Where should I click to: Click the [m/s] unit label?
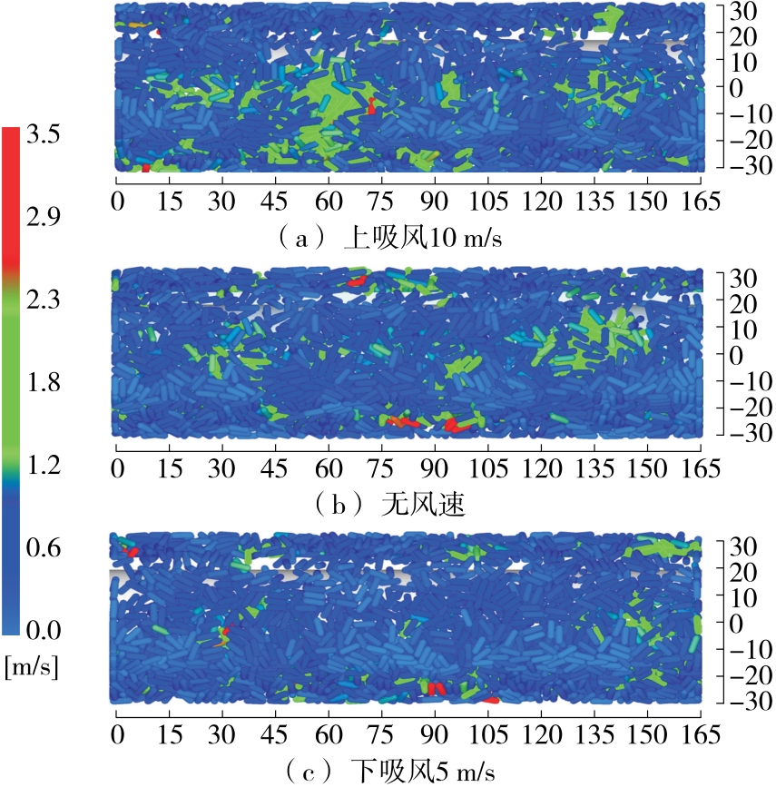(x=32, y=669)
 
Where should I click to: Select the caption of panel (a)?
(x=391, y=240)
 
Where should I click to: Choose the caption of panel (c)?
(x=391, y=772)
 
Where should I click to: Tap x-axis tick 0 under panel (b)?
(x=116, y=468)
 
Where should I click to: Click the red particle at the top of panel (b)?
(x=356, y=281)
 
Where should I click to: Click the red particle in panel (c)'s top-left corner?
(x=130, y=550)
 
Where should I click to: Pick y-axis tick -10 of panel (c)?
(x=741, y=649)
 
